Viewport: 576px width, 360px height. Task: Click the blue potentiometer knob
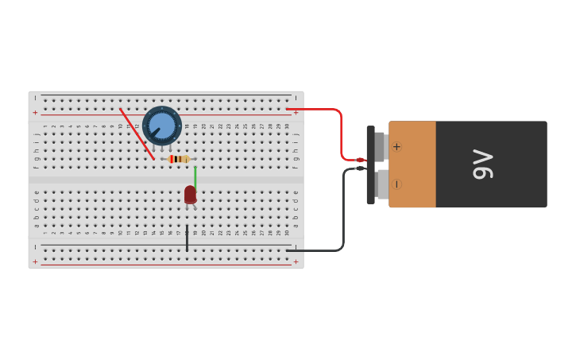click(x=162, y=125)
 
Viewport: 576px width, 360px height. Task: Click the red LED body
click(x=190, y=195)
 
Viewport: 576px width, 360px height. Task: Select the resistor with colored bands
click(x=178, y=159)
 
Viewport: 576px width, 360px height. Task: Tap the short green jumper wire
click(x=195, y=176)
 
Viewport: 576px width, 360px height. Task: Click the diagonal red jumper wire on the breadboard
click(x=137, y=134)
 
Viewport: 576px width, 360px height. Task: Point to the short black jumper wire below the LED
click(x=187, y=238)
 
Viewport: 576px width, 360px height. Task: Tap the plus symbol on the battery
click(x=396, y=146)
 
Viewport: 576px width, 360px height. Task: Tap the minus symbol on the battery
click(x=396, y=184)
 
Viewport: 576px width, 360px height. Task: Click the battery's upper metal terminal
click(x=381, y=147)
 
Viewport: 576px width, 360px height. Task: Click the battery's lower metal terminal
click(x=383, y=184)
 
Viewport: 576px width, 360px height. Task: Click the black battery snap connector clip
click(x=370, y=165)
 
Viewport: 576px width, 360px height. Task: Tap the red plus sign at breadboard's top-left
click(x=35, y=113)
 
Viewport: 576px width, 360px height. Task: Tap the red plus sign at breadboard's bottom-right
click(x=296, y=261)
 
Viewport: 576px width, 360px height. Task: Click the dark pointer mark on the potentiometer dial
click(x=155, y=132)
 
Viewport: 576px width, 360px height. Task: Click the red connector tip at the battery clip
click(x=360, y=160)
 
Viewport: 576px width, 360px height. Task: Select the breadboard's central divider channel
click(x=166, y=180)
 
